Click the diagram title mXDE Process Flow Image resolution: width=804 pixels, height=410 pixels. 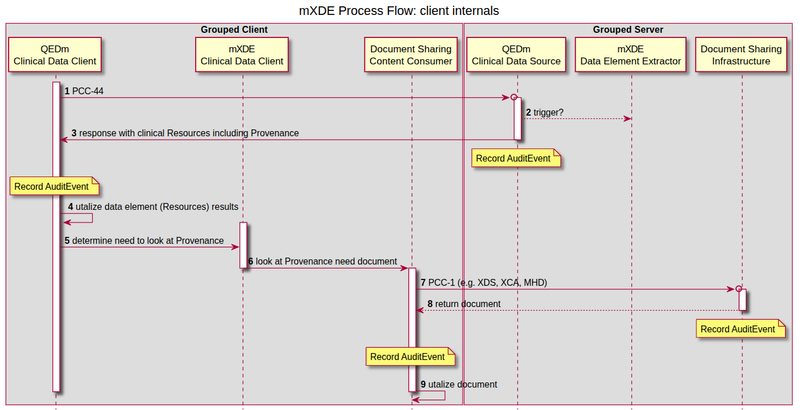tap(399, 11)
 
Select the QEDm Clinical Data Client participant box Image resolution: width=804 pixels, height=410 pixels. tap(55, 55)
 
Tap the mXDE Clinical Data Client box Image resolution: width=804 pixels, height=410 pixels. tap(242, 55)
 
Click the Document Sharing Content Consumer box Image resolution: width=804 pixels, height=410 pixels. tap(411, 55)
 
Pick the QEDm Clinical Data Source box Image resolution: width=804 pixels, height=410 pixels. tap(516, 55)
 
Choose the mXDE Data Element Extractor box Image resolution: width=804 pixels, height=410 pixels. tap(631, 55)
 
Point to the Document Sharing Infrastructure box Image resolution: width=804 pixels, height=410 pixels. tap(741, 55)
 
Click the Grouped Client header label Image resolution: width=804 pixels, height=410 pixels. tap(234, 29)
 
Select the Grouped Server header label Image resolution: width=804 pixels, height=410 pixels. tap(628, 29)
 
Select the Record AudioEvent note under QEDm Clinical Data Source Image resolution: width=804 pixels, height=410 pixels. tap(513, 158)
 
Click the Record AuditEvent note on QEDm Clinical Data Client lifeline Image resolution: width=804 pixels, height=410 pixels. tap(52, 186)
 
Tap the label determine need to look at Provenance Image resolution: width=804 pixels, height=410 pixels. tap(148, 240)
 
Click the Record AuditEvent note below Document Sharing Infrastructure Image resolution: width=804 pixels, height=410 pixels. tap(738, 329)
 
